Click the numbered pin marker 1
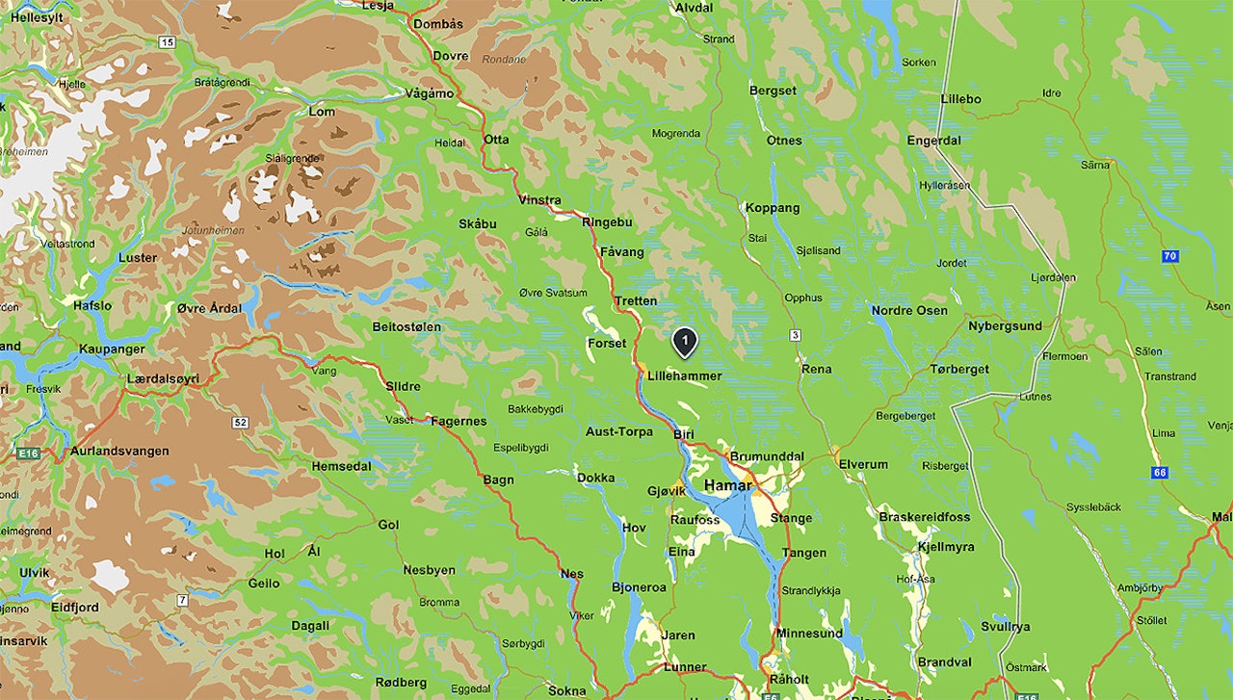684,341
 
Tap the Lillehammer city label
684,376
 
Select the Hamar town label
727,485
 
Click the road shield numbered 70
1169,256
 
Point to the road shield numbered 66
1159,473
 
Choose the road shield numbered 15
168,42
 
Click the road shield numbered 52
240,423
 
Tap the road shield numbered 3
795,335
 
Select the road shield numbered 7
182,601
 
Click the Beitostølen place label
407,327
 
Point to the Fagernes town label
459,421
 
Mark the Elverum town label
863,464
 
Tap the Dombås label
437,24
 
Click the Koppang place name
773,208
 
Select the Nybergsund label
1005,325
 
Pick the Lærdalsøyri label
163,378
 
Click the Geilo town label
264,583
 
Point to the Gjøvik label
667,491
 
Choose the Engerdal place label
933,140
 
